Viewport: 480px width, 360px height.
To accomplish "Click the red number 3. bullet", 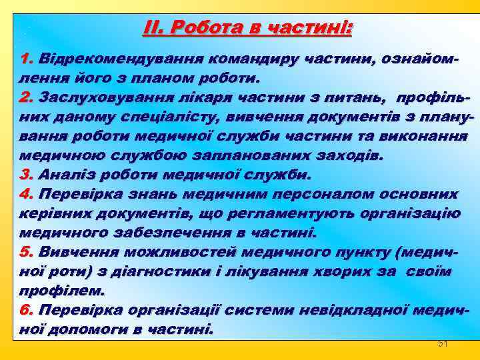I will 27,175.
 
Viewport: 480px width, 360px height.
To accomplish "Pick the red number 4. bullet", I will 27,195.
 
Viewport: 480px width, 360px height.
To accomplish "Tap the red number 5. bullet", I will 27,253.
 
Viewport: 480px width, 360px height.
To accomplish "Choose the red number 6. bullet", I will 27,311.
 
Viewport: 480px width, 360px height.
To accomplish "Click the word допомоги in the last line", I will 93,330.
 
